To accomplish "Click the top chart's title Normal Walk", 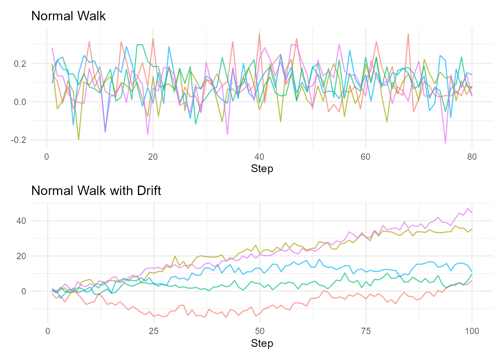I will pyautogui.click(x=68, y=16).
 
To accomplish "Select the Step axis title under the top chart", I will pyautogui.click(x=262, y=169).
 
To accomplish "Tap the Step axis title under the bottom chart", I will pyautogui.click(x=262, y=343).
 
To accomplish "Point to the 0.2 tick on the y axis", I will pyautogui.click(x=20, y=64).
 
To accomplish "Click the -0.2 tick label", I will pyautogui.click(x=18, y=140).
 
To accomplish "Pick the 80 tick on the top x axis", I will pyautogui.click(x=472, y=157).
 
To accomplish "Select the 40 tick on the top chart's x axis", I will pyautogui.click(x=259, y=157).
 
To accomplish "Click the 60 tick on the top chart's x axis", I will pyautogui.click(x=366, y=157).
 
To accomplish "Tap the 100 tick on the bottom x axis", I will pyautogui.click(x=472, y=331).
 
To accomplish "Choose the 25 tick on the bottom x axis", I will pyautogui.click(x=154, y=331).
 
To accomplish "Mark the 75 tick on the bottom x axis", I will pyautogui.click(x=366, y=331).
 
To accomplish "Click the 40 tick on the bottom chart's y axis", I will pyautogui.click(x=21, y=221).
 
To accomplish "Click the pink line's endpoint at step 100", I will pyautogui.click(x=472, y=213).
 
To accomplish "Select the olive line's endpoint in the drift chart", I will pyautogui.click(x=472, y=229).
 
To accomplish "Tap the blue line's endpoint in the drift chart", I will pyautogui.click(x=472, y=271).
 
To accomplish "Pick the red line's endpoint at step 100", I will pyautogui.click(x=472, y=280).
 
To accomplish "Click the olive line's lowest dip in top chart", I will pyautogui.click(x=78, y=140).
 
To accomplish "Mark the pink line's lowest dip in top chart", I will pyautogui.click(x=445, y=143).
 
